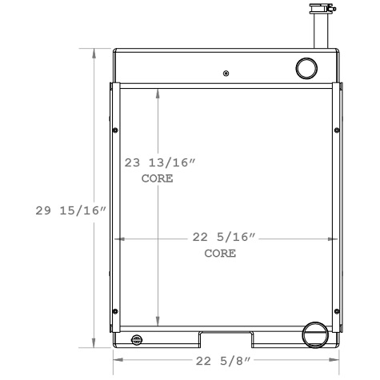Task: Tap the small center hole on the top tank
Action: [x=226, y=74]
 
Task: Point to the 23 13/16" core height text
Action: [x=161, y=162]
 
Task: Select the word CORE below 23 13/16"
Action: [x=157, y=178]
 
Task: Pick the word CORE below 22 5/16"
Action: [x=220, y=254]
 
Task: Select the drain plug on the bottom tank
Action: [x=137, y=340]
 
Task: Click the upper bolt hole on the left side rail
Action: [x=116, y=130]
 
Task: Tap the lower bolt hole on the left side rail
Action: [x=116, y=310]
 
